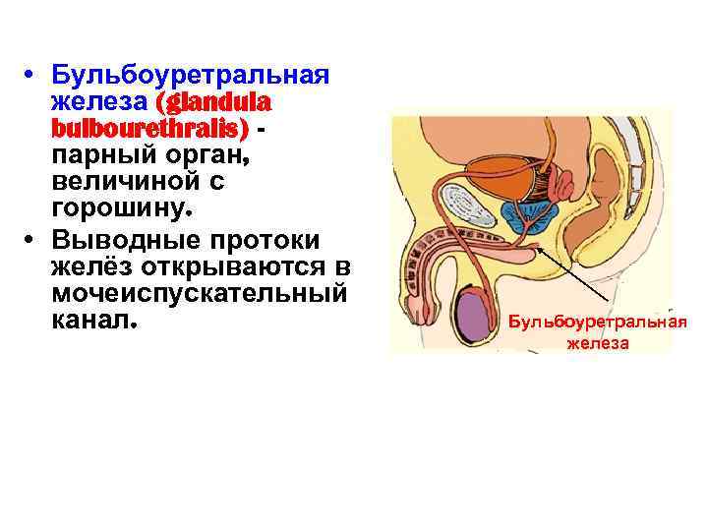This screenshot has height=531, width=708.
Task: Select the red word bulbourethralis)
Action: point(152,129)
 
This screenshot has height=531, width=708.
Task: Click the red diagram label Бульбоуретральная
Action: point(598,323)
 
